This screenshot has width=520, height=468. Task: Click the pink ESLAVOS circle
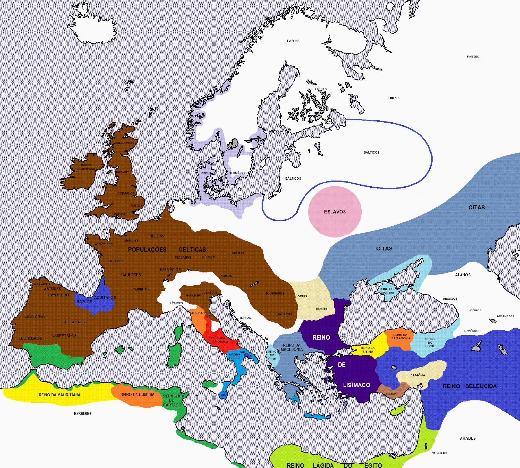pos(335,212)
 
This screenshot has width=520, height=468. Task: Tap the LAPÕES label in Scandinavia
pos(293,41)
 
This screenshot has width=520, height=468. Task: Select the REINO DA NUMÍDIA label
pos(137,395)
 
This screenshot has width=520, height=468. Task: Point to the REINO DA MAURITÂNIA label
pos(59,395)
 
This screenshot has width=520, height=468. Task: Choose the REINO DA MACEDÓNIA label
pos(292,348)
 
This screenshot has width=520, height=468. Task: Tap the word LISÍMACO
pos(357,385)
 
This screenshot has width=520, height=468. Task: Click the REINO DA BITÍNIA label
pos(368,350)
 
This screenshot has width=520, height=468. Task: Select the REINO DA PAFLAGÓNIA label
pos(400,337)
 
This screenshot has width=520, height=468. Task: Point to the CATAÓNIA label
pos(418,375)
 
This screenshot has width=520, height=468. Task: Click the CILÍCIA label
pos(391,394)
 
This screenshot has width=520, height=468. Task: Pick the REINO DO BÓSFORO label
pos(386,291)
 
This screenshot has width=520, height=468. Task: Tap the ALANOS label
pos(462,275)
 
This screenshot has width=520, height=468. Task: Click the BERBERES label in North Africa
pos(83,414)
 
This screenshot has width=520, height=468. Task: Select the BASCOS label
pos(84,302)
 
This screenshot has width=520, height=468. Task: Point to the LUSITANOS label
pos(35,316)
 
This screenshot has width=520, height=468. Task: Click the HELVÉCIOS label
pos(170,270)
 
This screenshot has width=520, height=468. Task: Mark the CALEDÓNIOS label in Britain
pos(124,143)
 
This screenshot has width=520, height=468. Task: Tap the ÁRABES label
pos(468,438)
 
